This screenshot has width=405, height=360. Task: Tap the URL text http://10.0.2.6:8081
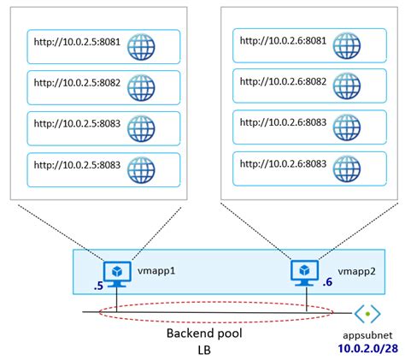coord(282,41)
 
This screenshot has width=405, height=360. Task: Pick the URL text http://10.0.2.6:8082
coord(282,82)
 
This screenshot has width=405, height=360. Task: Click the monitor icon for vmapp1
coord(114,269)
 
